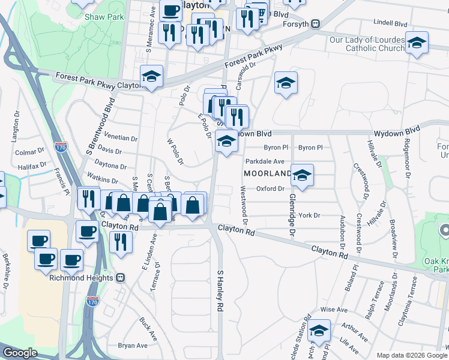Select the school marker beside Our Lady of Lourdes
tap(417, 43)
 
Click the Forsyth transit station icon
tap(315, 25)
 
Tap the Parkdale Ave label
tap(265, 161)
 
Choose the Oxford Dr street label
tap(270, 188)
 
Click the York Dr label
tap(310, 215)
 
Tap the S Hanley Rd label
tap(220, 290)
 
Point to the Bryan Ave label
tap(133, 346)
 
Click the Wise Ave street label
tap(334, 310)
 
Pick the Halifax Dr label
tap(32, 166)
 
